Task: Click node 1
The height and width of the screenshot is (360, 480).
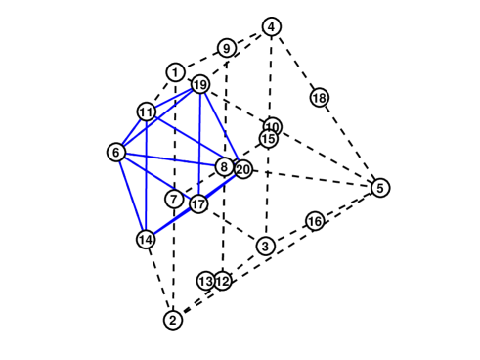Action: pos(175,72)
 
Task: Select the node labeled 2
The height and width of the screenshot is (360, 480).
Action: pos(173,320)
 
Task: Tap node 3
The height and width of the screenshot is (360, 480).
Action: pos(265,245)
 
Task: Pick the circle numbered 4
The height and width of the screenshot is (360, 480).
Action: pos(272,26)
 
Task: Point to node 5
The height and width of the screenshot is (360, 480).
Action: pos(380,188)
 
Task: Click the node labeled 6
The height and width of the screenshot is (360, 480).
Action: pos(116,152)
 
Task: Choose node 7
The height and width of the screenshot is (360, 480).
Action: pos(173,200)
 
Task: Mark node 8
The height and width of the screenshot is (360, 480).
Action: pos(224,167)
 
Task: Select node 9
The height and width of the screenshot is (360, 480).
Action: pos(227,48)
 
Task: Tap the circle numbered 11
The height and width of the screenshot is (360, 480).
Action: pos(146,112)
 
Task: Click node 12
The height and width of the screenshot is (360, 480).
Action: pos(223,281)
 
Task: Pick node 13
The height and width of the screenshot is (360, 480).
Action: pos(205,281)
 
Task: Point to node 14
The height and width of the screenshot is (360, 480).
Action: pos(146,239)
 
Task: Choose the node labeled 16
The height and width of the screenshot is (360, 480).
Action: pos(315,222)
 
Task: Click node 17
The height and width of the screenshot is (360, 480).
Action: pos(198,204)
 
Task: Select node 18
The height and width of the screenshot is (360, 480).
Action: pos(319,97)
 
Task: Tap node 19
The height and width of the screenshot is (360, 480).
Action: pos(200,85)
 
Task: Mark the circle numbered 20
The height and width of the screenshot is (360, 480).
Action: pos(243,169)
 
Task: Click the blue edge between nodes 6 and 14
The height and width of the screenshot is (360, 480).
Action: pos(131,196)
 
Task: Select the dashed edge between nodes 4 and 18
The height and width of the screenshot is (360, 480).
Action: pos(295,62)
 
